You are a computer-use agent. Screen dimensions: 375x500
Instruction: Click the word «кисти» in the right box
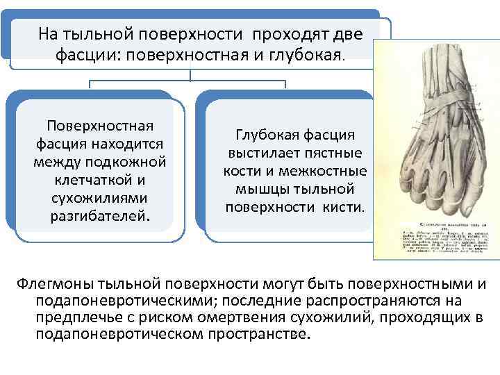tap(344, 207)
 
